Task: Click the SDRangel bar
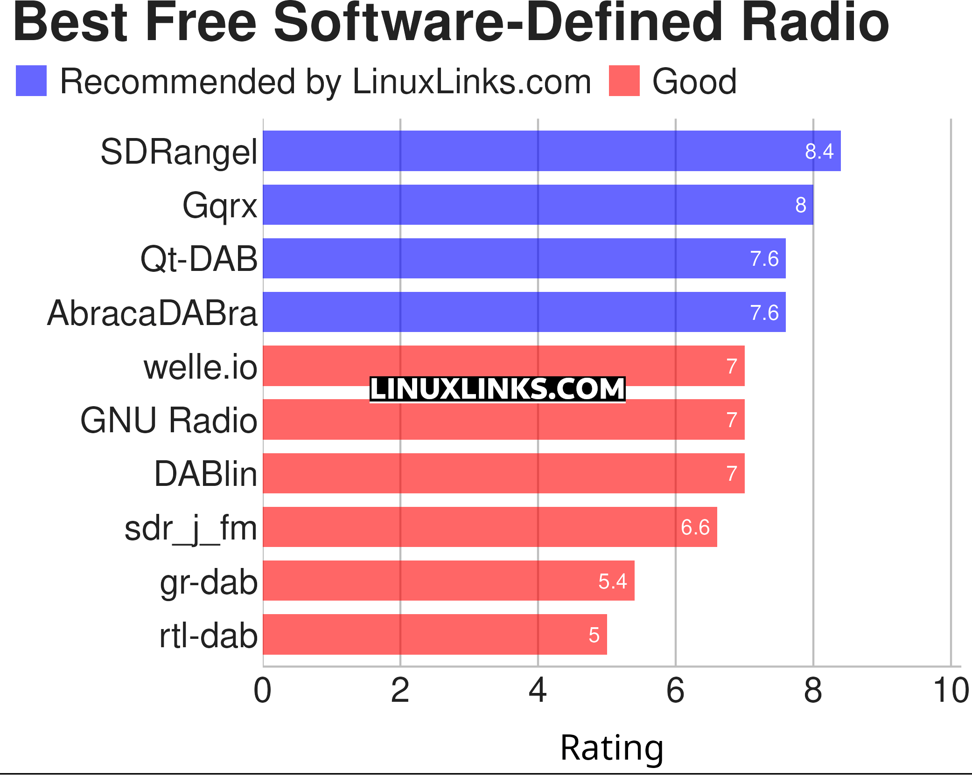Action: (552, 151)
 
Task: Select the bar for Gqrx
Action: (538, 205)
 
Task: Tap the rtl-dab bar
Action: (434, 635)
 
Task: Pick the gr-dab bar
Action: (448, 581)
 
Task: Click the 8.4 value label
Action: (819, 152)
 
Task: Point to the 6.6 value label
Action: (695, 527)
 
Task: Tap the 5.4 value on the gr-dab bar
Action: (612, 581)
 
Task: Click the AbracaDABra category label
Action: (152, 313)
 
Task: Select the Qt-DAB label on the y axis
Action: (199, 259)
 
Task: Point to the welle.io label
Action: (200, 367)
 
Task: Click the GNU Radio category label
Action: (168, 421)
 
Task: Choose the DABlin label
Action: (205, 474)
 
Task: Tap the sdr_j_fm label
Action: (190, 529)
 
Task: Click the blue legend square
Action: (31, 81)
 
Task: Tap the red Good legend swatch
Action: (624, 81)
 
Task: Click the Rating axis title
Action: (611, 748)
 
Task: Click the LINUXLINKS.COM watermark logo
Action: (497, 389)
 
